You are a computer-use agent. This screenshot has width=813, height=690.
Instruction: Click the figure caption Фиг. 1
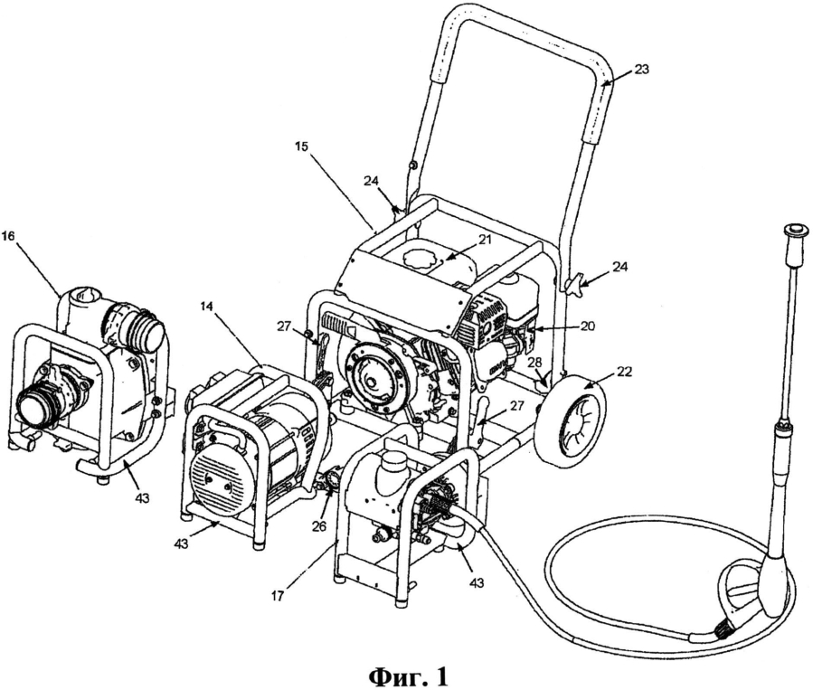pos(406,674)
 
